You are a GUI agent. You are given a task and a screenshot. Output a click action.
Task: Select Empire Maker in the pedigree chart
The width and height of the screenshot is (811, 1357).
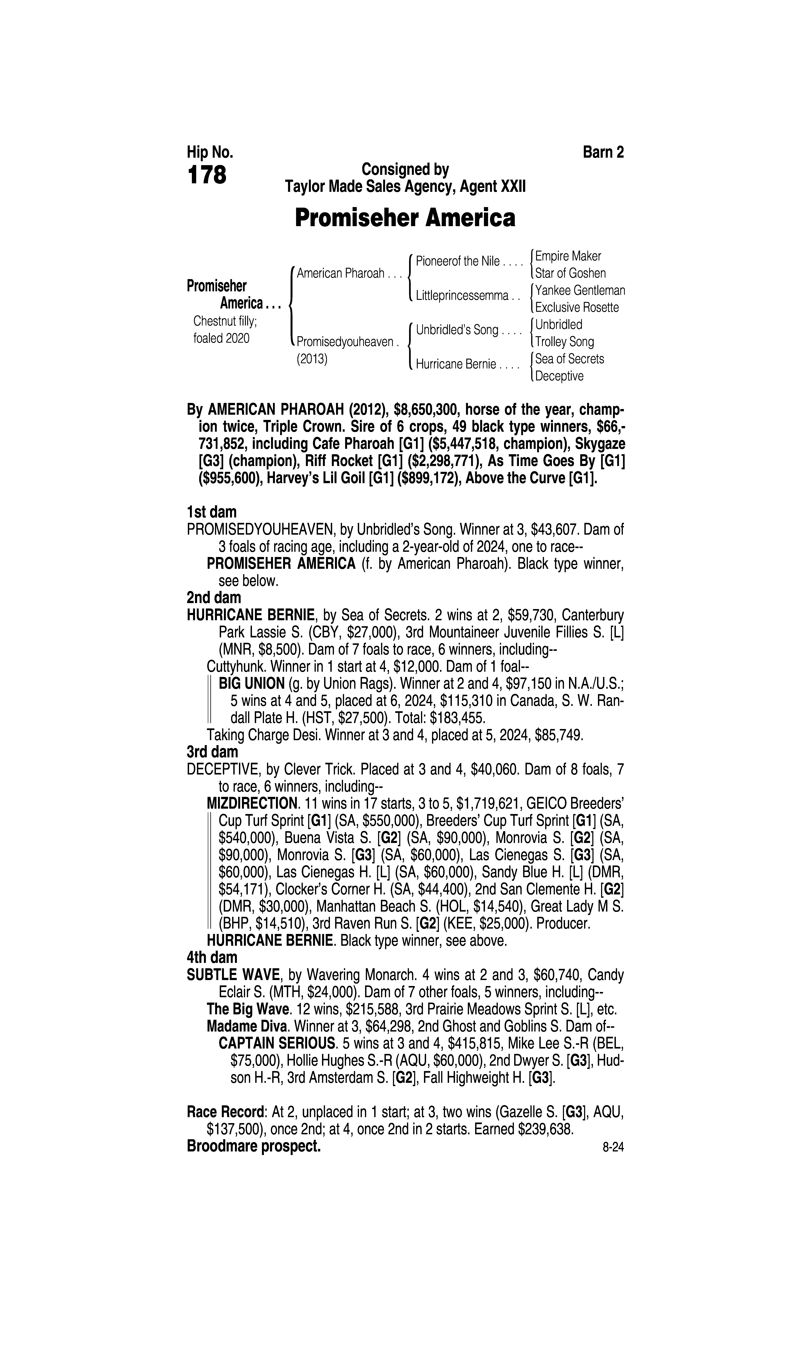point(568,256)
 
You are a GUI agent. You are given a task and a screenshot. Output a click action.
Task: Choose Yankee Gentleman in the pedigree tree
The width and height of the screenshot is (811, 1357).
point(580,290)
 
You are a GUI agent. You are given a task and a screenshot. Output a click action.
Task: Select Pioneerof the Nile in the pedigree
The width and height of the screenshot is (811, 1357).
point(457,261)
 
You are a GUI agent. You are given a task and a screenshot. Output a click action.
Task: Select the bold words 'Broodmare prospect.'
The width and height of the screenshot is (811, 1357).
point(254,1146)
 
